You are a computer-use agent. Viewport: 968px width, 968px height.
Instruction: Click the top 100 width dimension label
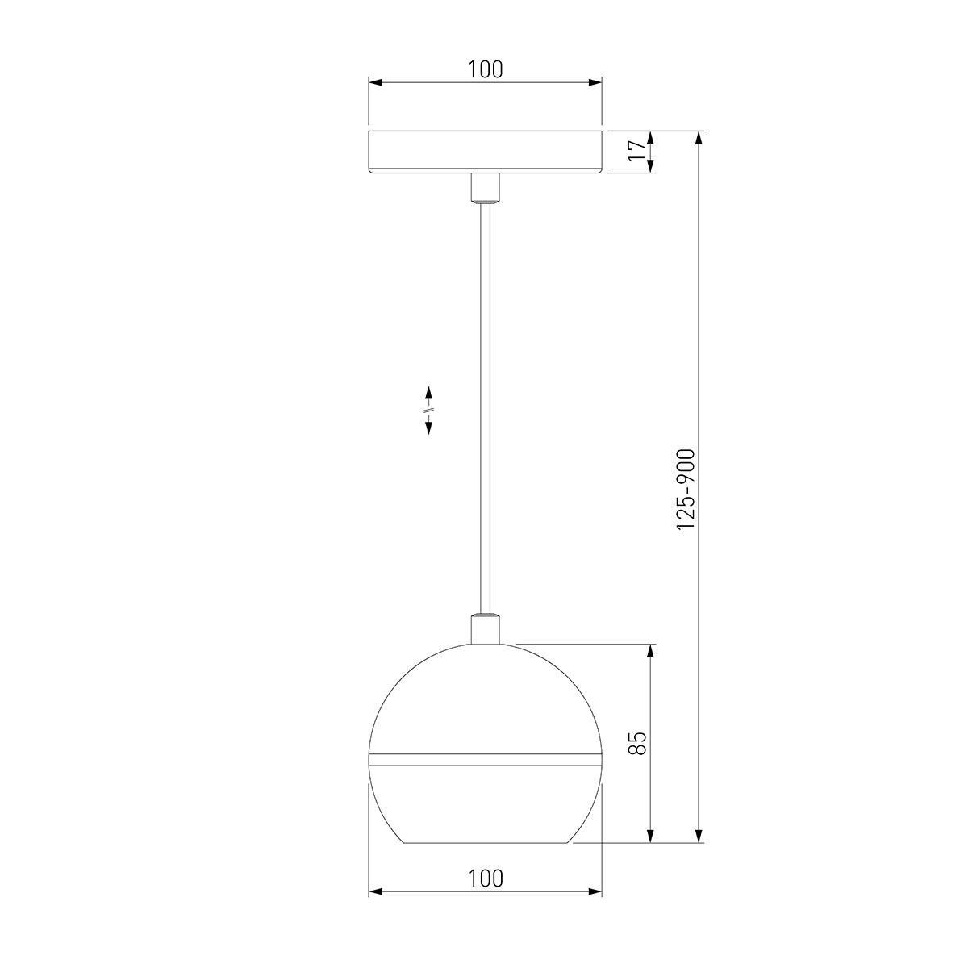[486, 70]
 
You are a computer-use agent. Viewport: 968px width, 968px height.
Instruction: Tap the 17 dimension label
[637, 150]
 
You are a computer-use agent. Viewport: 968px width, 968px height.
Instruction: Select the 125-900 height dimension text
[685, 489]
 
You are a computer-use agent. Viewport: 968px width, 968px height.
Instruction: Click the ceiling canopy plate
[486, 152]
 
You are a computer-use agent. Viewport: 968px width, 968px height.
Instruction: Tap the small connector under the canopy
[486, 188]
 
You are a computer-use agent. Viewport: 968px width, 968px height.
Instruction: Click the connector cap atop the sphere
[486, 628]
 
